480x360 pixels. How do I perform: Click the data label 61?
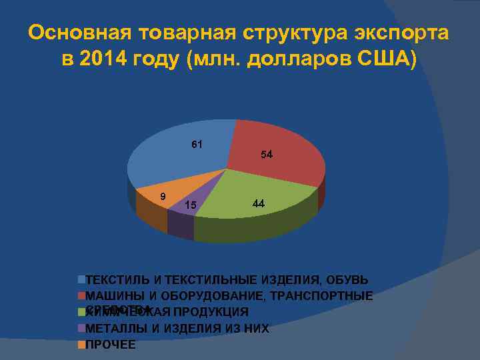[x=197, y=144]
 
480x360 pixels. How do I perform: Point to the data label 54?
[x=267, y=155]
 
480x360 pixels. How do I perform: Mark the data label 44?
[x=259, y=204]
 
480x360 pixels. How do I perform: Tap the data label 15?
[x=190, y=205]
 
